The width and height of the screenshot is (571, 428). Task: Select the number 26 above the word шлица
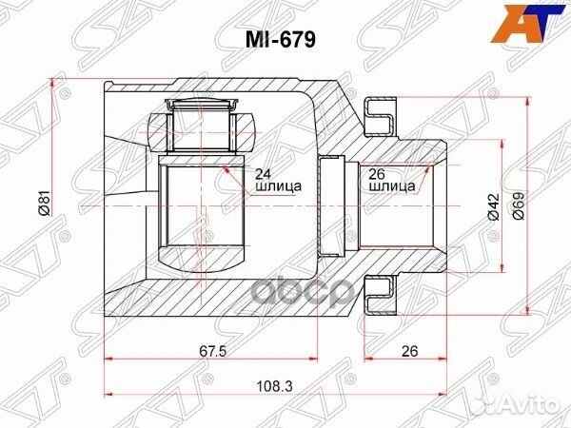coord(376,173)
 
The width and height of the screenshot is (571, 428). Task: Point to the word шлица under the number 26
coord(391,187)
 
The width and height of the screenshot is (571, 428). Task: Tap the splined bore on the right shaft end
coord(390,204)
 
